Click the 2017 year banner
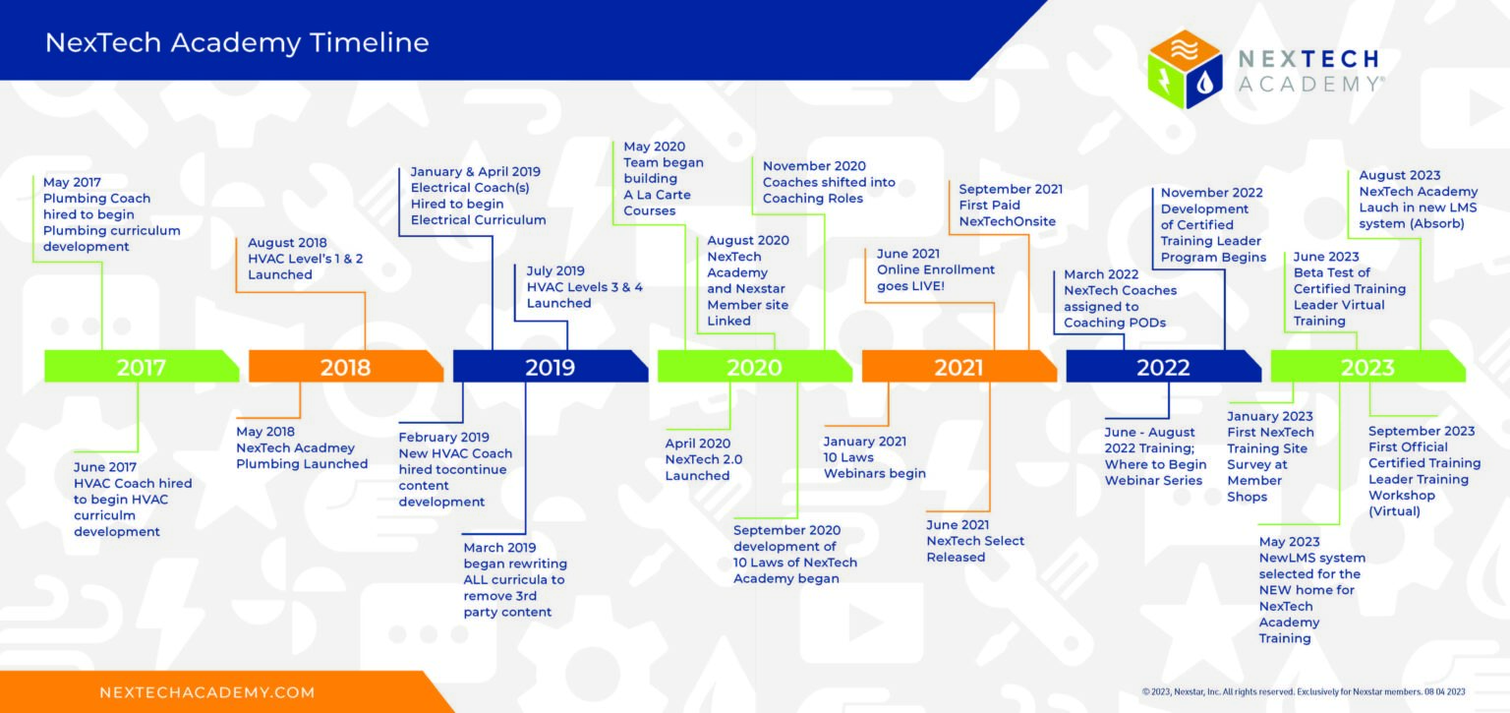pyautogui.click(x=142, y=366)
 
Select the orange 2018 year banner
pyautogui.click(x=346, y=366)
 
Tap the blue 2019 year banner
pyautogui.click(x=551, y=366)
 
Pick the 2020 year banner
pyautogui.click(x=754, y=366)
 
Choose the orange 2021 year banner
pyautogui.click(x=959, y=366)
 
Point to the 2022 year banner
pyautogui.click(x=1164, y=366)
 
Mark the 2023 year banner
pyautogui.click(x=1367, y=366)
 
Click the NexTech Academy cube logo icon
pyautogui.click(x=1185, y=69)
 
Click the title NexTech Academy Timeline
pyautogui.click(x=237, y=42)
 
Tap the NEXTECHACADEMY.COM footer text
pyautogui.click(x=207, y=692)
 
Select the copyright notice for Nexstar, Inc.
pyautogui.click(x=1303, y=691)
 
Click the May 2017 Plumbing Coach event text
pyautogui.click(x=112, y=214)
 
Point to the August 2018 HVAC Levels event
pyautogui.click(x=306, y=259)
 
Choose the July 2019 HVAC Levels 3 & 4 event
pyautogui.click(x=585, y=287)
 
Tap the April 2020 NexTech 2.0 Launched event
pyautogui.click(x=704, y=459)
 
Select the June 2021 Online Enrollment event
pyautogui.click(x=936, y=269)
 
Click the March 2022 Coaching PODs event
pyautogui.click(x=1121, y=298)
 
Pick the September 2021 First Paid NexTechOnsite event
pyautogui.click(x=1011, y=206)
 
